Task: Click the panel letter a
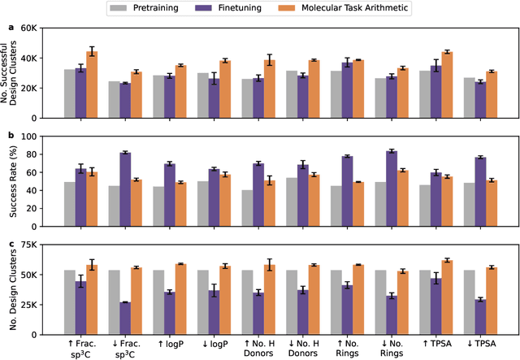click(10, 26)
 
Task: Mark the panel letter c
click(10, 243)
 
